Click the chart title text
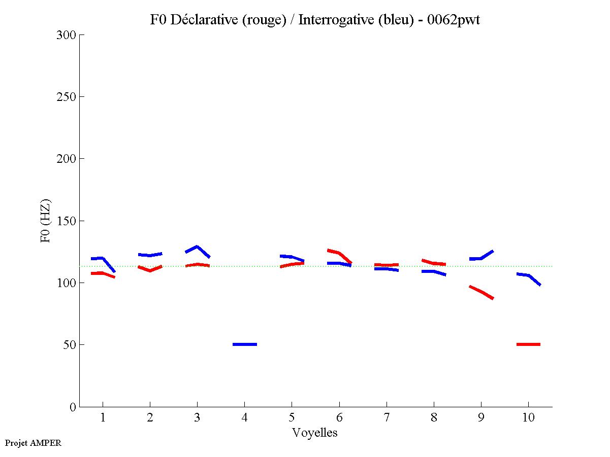315,20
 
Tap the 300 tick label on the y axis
67,35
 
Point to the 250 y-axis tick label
67,97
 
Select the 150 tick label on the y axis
67,221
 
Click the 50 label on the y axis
70,345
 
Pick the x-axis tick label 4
244,418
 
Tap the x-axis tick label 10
528,418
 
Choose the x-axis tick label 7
387,418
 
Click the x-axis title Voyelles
315,433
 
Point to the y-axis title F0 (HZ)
46,221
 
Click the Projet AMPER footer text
33,443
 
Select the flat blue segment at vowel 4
245,344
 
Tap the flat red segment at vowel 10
528,344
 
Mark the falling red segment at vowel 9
481,292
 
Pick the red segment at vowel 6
339,253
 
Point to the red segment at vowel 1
103,273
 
